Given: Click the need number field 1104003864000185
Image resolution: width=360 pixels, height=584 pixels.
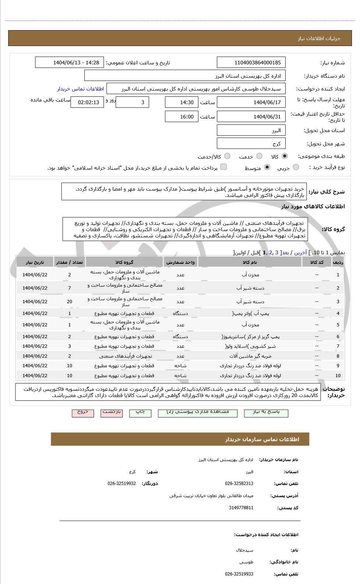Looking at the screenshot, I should point(251,63).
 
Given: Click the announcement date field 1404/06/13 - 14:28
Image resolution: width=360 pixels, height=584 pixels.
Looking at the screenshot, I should point(70,63).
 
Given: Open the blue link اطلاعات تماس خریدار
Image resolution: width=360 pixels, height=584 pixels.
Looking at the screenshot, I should point(80,89).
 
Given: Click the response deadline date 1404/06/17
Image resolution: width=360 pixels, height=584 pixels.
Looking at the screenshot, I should point(251,102).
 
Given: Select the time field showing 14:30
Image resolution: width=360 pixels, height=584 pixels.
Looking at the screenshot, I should point(181,102).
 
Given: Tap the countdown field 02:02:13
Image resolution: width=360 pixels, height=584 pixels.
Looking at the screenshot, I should point(87,102).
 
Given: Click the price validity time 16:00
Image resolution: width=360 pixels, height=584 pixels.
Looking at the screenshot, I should point(181,117).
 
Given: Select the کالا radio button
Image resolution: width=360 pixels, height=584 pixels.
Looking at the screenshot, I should point(285,156).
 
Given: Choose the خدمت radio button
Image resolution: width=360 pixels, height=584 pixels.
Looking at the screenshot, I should point(260,156).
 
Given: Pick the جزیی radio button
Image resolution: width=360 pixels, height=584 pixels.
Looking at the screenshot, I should point(296,167).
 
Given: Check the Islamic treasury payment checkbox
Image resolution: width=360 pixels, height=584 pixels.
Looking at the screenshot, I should point(223,167).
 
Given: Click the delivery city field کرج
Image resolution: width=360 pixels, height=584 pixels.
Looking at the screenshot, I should point(251,144).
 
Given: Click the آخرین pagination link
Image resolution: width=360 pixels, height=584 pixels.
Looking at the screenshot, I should point(300,252).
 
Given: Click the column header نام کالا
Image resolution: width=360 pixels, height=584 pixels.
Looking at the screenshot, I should point(250,262).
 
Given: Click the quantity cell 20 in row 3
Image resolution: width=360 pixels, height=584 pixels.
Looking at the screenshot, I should point(69,302).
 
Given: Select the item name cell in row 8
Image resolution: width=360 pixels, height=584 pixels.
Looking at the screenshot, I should point(250,356).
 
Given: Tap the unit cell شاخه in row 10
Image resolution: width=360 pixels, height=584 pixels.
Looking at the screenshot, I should point(180,376).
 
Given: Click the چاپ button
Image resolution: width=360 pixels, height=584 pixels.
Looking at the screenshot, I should point(140,413).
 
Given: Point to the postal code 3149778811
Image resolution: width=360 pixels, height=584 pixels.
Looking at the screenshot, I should point(241,508).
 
